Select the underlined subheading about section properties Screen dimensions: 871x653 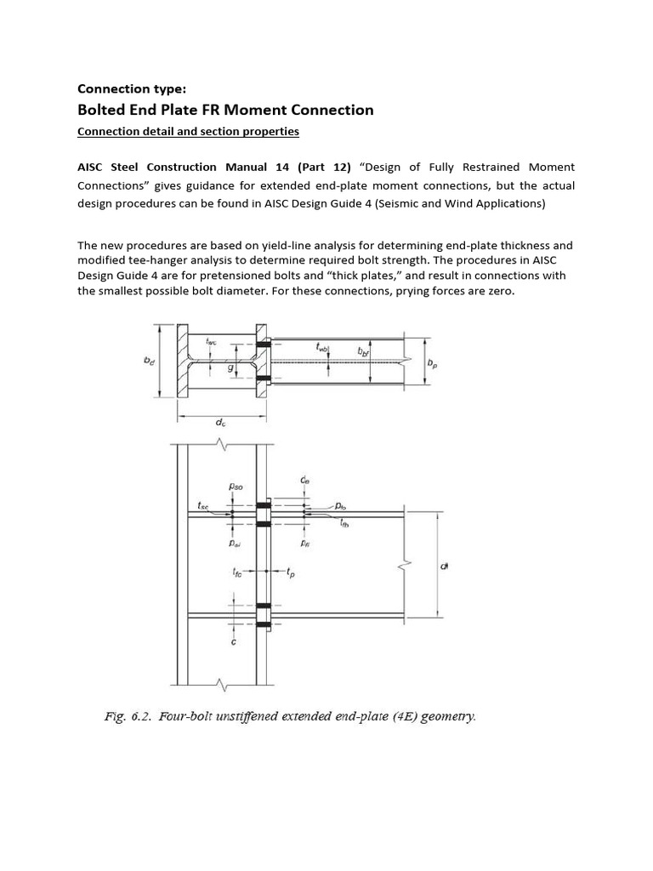[188, 131]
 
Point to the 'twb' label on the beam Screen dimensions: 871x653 [322, 346]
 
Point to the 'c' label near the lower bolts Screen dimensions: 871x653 [234, 642]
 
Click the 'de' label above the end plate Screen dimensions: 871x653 [304, 481]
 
